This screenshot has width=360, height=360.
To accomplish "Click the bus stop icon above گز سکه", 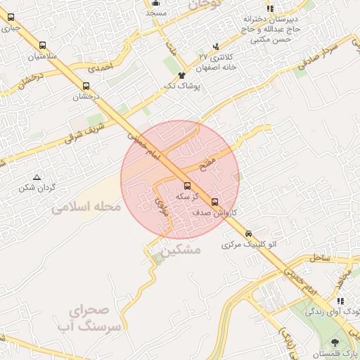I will pos(186,186).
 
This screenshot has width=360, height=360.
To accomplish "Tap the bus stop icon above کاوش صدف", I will pos(214,202).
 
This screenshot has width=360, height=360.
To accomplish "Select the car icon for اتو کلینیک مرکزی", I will pos(248,233).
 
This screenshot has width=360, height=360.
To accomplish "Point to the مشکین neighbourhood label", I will pos(180,250).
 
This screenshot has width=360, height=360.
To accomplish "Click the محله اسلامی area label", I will pos(86,207).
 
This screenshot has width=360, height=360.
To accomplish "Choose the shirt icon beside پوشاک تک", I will pos(181,75).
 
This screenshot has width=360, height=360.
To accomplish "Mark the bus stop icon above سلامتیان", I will pos(43,45).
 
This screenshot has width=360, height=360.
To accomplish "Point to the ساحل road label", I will pos(319,259).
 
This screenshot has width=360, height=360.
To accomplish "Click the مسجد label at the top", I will pos(156,13).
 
